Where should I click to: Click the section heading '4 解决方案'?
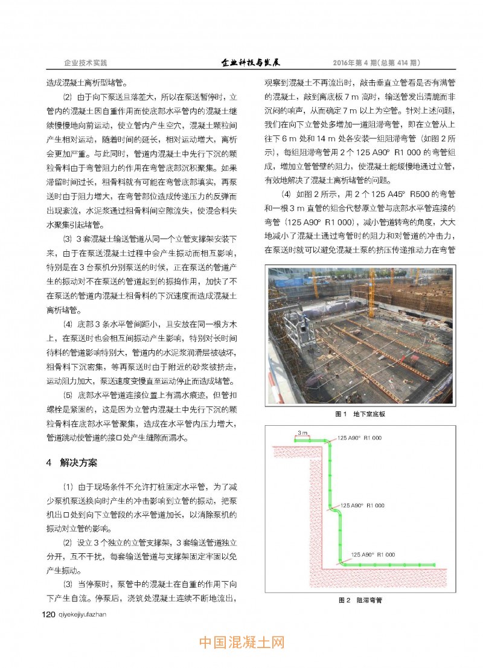point(71,463)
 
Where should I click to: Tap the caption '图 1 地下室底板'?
point(360,415)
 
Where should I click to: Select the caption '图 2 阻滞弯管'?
point(360,600)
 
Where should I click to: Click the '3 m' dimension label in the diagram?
point(304,434)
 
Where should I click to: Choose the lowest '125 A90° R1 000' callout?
point(373,554)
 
